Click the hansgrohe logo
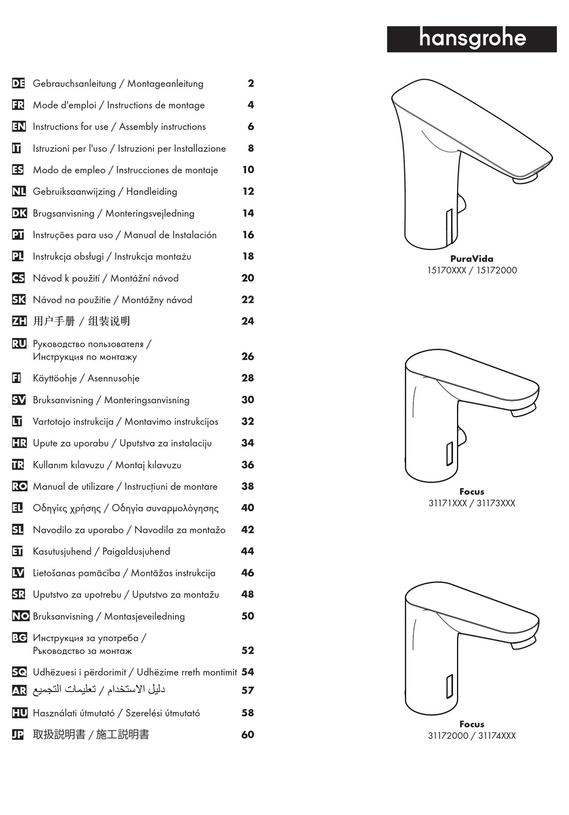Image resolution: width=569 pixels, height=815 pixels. coord(471,39)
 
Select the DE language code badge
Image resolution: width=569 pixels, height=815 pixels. coord(18,84)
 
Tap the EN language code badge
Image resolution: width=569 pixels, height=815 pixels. coord(18,127)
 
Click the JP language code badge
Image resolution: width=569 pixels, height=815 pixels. coord(18,735)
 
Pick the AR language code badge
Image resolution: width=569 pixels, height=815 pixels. coord(19,690)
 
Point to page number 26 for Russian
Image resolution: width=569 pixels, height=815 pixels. coord(248,357)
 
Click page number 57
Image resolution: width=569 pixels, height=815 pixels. coord(248,690)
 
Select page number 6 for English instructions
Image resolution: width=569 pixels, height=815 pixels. coord(250,127)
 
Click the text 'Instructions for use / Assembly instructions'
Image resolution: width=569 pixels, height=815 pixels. coord(119,127)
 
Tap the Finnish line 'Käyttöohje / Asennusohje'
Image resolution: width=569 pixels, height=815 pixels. coord(86,378)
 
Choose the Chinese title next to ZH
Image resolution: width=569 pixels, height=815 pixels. coord(81,321)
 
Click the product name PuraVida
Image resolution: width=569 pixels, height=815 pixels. coord(471,259)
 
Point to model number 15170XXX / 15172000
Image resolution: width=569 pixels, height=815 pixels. coord(471,270)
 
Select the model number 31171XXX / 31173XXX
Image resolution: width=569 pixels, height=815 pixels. coord(471,503)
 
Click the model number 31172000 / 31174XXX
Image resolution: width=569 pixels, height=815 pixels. coord(471,736)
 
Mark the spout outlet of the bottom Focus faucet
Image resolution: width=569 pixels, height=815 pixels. coord(522,644)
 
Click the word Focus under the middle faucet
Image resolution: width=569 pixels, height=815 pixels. coord(471,491)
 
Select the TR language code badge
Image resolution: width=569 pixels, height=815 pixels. coord(18,465)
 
